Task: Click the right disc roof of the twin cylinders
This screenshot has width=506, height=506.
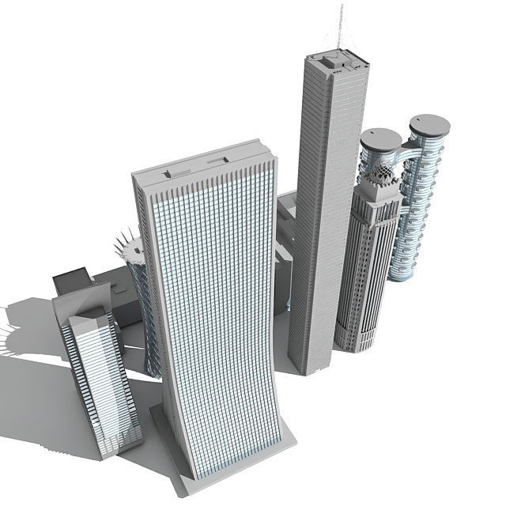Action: [429, 124]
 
